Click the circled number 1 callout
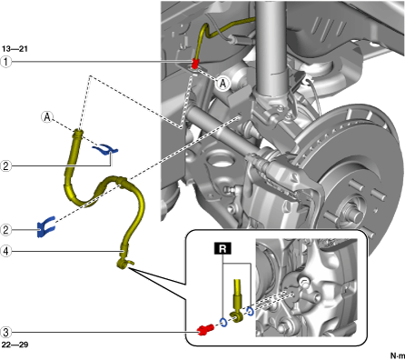click(x=5, y=62)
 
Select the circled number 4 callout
click(x=5, y=251)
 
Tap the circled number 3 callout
click(x=5, y=332)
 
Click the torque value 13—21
click(x=15, y=49)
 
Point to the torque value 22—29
click(x=15, y=345)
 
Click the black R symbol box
click(x=222, y=248)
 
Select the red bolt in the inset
click(x=205, y=330)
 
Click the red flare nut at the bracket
click(x=195, y=64)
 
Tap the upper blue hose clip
click(x=105, y=149)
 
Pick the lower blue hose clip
click(x=46, y=226)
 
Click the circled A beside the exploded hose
click(x=47, y=117)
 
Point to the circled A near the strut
click(x=223, y=84)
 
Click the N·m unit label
click(x=397, y=355)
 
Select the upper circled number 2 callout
click(x=5, y=166)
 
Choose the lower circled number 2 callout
click(x=5, y=229)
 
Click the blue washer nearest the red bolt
click(x=223, y=323)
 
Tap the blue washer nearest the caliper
click(x=250, y=312)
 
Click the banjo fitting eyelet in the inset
click(x=237, y=317)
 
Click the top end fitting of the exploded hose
click(x=78, y=135)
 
